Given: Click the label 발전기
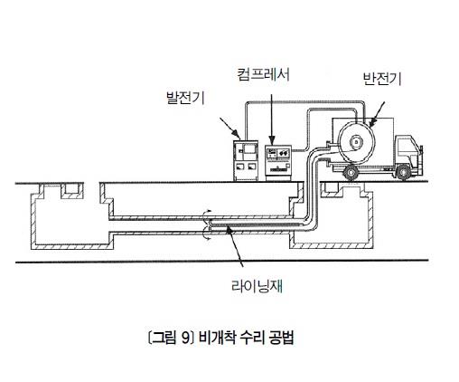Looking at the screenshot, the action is click(186, 98).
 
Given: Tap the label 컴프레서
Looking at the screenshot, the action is click(264, 74).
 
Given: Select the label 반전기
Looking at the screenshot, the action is click(382, 79).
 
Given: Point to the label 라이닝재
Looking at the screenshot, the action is click(257, 285).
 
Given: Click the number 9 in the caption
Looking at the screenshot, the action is click(185, 338).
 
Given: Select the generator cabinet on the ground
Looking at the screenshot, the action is click(246, 160).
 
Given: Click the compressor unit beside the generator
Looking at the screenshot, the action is click(278, 163).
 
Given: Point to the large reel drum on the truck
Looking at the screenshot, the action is click(356, 141).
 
